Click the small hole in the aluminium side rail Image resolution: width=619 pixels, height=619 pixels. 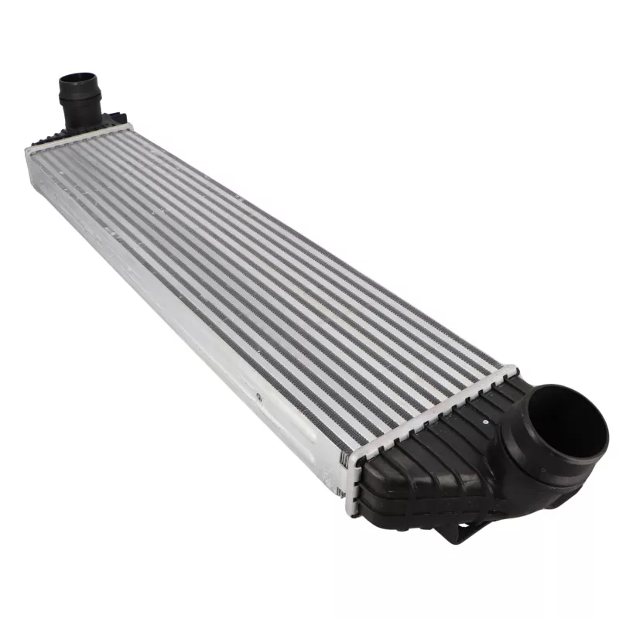258,396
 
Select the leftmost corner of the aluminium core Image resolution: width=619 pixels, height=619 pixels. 29,152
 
